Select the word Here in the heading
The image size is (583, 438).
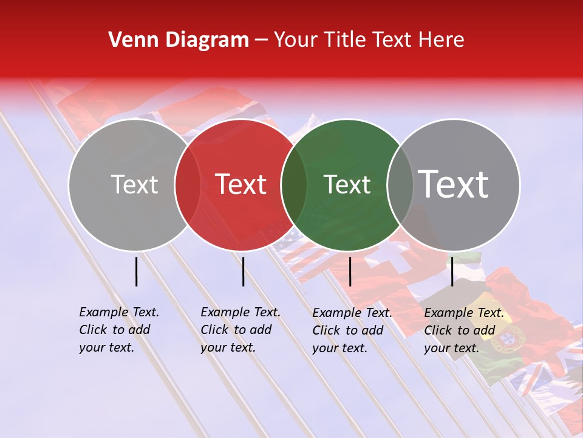coord(442,40)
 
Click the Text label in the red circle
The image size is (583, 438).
coord(241,184)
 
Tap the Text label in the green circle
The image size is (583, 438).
coord(347,184)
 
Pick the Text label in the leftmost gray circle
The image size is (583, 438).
coord(134,184)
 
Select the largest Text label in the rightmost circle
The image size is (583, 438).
coord(454,184)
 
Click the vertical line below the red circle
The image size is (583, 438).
coord(243,271)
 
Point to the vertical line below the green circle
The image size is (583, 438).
coord(350,271)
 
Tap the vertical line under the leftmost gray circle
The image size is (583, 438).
coord(137,271)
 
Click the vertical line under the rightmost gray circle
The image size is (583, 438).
coord(452,271)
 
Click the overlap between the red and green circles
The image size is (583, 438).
coord(294,184)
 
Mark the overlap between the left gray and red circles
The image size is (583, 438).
coord(188,184)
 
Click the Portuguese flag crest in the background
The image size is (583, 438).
coord(515,336)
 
